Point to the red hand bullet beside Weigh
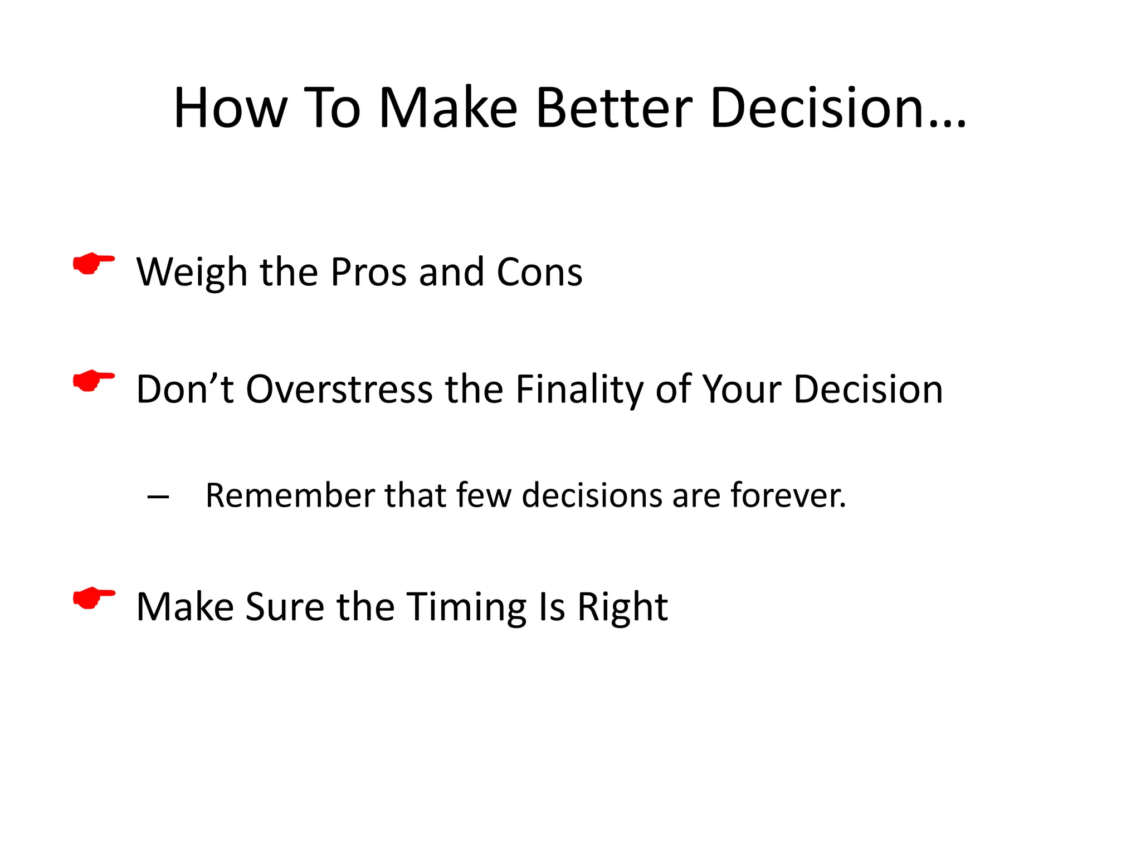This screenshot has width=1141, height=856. tap(94, 264)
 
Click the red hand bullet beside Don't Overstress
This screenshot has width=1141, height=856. tap(94, 381)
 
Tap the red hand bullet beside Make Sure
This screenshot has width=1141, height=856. tap(94, 598)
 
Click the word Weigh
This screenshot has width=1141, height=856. tap(192, 273)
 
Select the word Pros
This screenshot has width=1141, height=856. tap(368, 273)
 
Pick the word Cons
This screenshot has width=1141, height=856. tap(539, 273)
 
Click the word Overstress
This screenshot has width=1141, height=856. tap(339, 389)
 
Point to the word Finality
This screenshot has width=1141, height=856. tap(579, 389)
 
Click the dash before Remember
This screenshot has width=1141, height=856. tap(158, 496)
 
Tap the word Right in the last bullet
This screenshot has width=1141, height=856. tap(622, 607)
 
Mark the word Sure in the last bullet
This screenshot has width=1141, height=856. tap(284, 607)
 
